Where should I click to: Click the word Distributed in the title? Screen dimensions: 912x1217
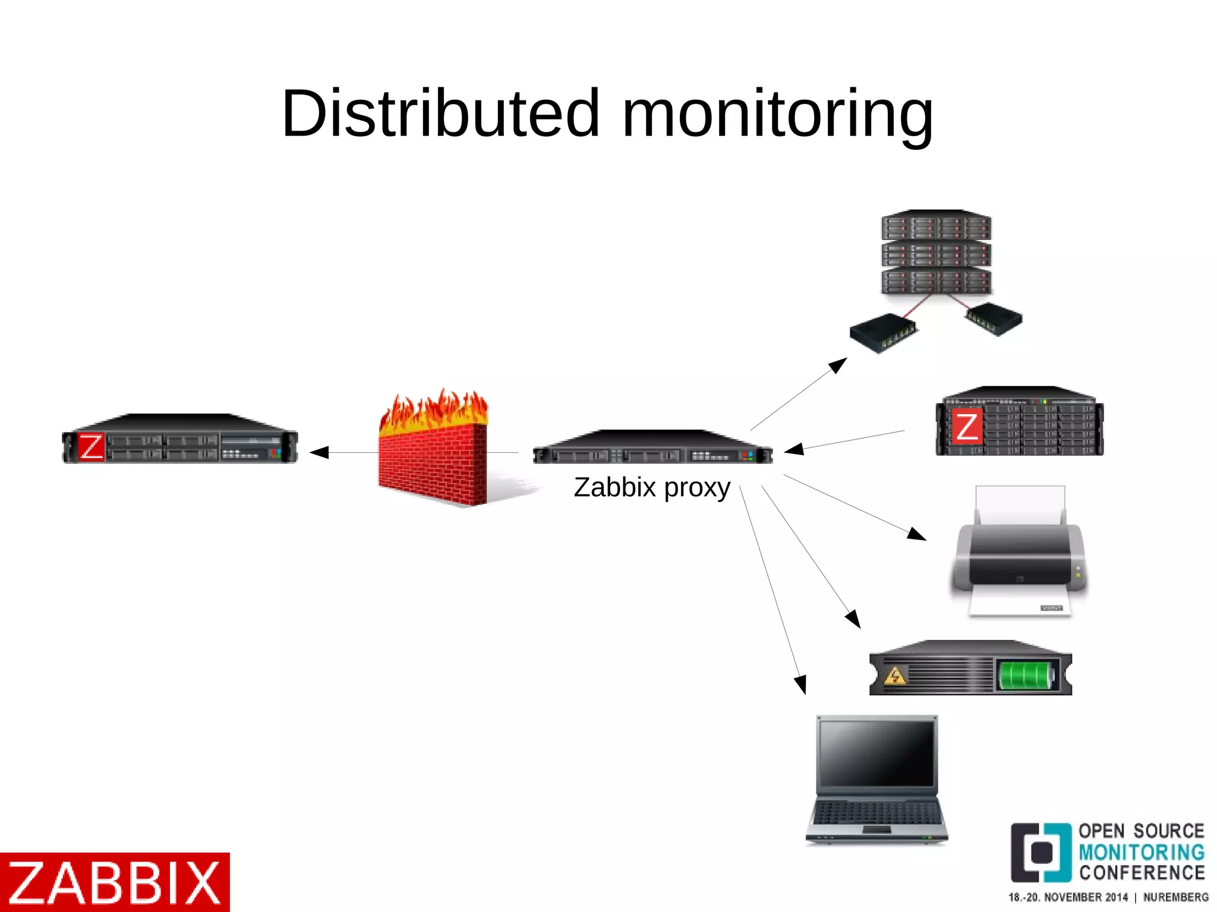click(x=440, y=113)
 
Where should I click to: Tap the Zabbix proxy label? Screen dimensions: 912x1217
click(x=651, y=488)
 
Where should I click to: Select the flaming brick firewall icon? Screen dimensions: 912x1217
click(x=433, y=452)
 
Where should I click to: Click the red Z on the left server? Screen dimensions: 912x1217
click(x=91, y=447)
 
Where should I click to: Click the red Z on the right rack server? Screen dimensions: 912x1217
click(x=966, y=427)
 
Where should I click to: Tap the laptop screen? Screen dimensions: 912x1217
click(x=877, y=753)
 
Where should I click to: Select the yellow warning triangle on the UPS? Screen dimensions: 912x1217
click(x=895, y=676)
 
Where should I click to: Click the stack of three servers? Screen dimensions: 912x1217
click(x=936, y=253)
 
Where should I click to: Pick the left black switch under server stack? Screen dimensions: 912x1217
click(x=882, y=333)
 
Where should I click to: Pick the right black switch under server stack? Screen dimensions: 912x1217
click(x=994, y=318)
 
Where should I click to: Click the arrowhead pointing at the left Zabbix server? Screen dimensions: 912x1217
click(x=319, y=453)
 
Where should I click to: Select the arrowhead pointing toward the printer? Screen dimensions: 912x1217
click(x=917, y=533)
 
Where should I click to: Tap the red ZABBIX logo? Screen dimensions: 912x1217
click(x=115, y=882)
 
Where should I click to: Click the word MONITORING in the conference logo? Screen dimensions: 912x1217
click(x=1141, y=852)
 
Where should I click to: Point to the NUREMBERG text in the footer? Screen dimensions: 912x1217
click(x=1175, y=897)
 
